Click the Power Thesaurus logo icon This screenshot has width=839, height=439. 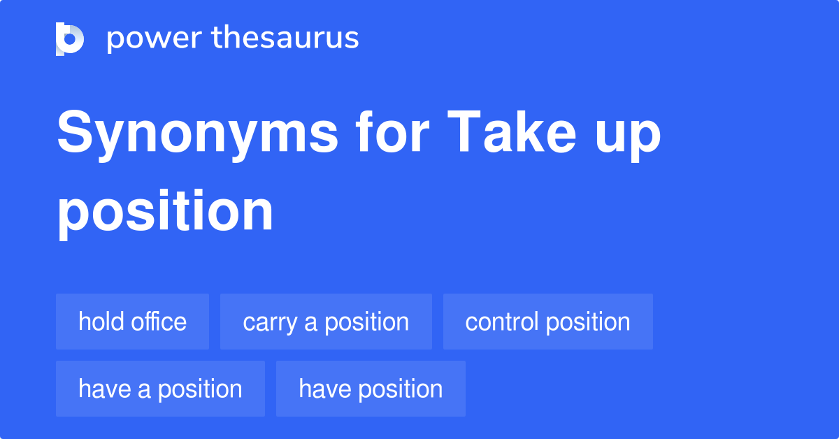[x=70, y=38]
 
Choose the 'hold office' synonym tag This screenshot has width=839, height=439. [x=132, y=322]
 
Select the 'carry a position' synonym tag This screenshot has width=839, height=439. [x=326, y=322]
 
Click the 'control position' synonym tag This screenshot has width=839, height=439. [x=547, y=322]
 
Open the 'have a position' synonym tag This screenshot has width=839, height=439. [x=160, y=389]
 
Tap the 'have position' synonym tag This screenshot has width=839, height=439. [x=371, y=389]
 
